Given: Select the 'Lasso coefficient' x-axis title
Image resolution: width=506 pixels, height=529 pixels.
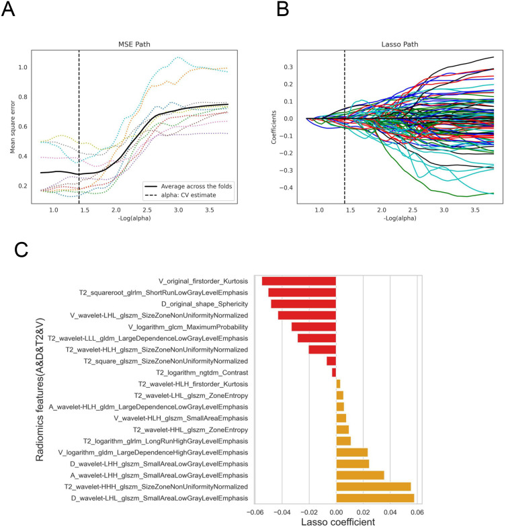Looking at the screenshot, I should click(x=335, y=520).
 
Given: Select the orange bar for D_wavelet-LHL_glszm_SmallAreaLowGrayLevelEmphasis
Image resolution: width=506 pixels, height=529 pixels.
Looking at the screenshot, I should click(x=375, y=497).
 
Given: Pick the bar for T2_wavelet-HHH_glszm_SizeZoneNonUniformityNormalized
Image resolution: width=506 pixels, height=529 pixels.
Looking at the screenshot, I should click(x=373, y=486).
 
